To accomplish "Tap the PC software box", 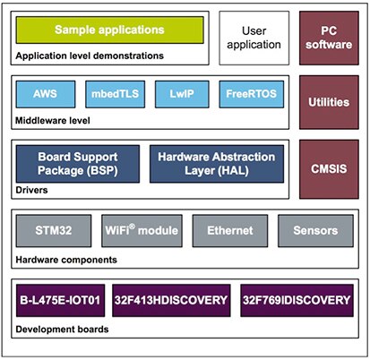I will point(328,37).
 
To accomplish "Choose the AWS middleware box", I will point(42,93).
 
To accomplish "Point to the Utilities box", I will point(328,102).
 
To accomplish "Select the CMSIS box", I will point(328,167).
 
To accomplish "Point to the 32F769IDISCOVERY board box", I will point(295,299).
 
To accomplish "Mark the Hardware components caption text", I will point(65,259).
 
